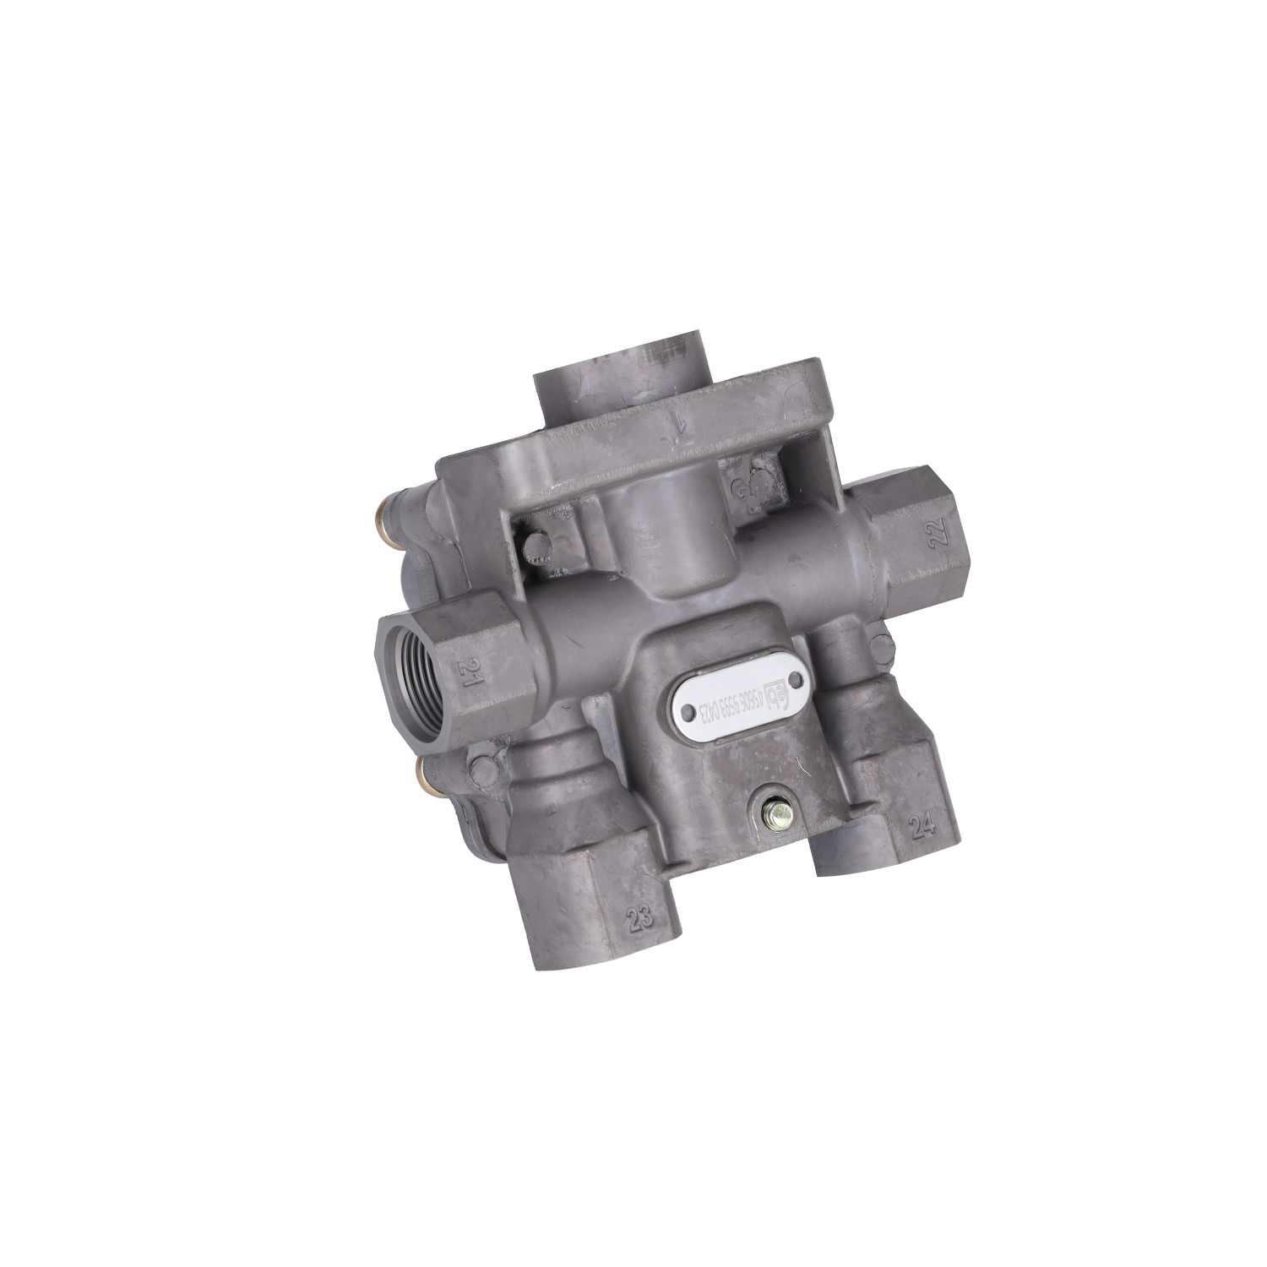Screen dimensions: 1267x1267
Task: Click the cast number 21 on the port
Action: [467, 672]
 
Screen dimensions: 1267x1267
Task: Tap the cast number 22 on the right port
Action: [940, 531]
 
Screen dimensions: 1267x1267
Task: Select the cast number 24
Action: [923, 825]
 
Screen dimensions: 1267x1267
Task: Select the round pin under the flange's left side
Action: [533, 547]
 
